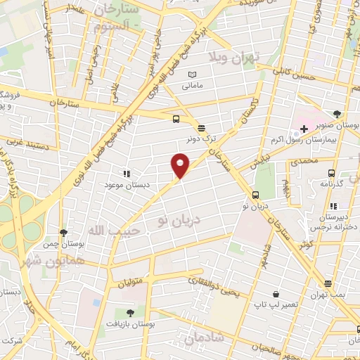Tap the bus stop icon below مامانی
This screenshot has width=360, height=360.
point(176,119)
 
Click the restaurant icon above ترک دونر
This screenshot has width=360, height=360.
point(202,128)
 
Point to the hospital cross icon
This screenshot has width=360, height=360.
point(304,129)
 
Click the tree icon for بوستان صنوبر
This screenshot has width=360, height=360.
point(337,113)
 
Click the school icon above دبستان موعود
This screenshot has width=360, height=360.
point(127,173)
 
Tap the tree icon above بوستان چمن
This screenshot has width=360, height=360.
point(63,232)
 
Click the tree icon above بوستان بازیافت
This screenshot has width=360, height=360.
point(129,312)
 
